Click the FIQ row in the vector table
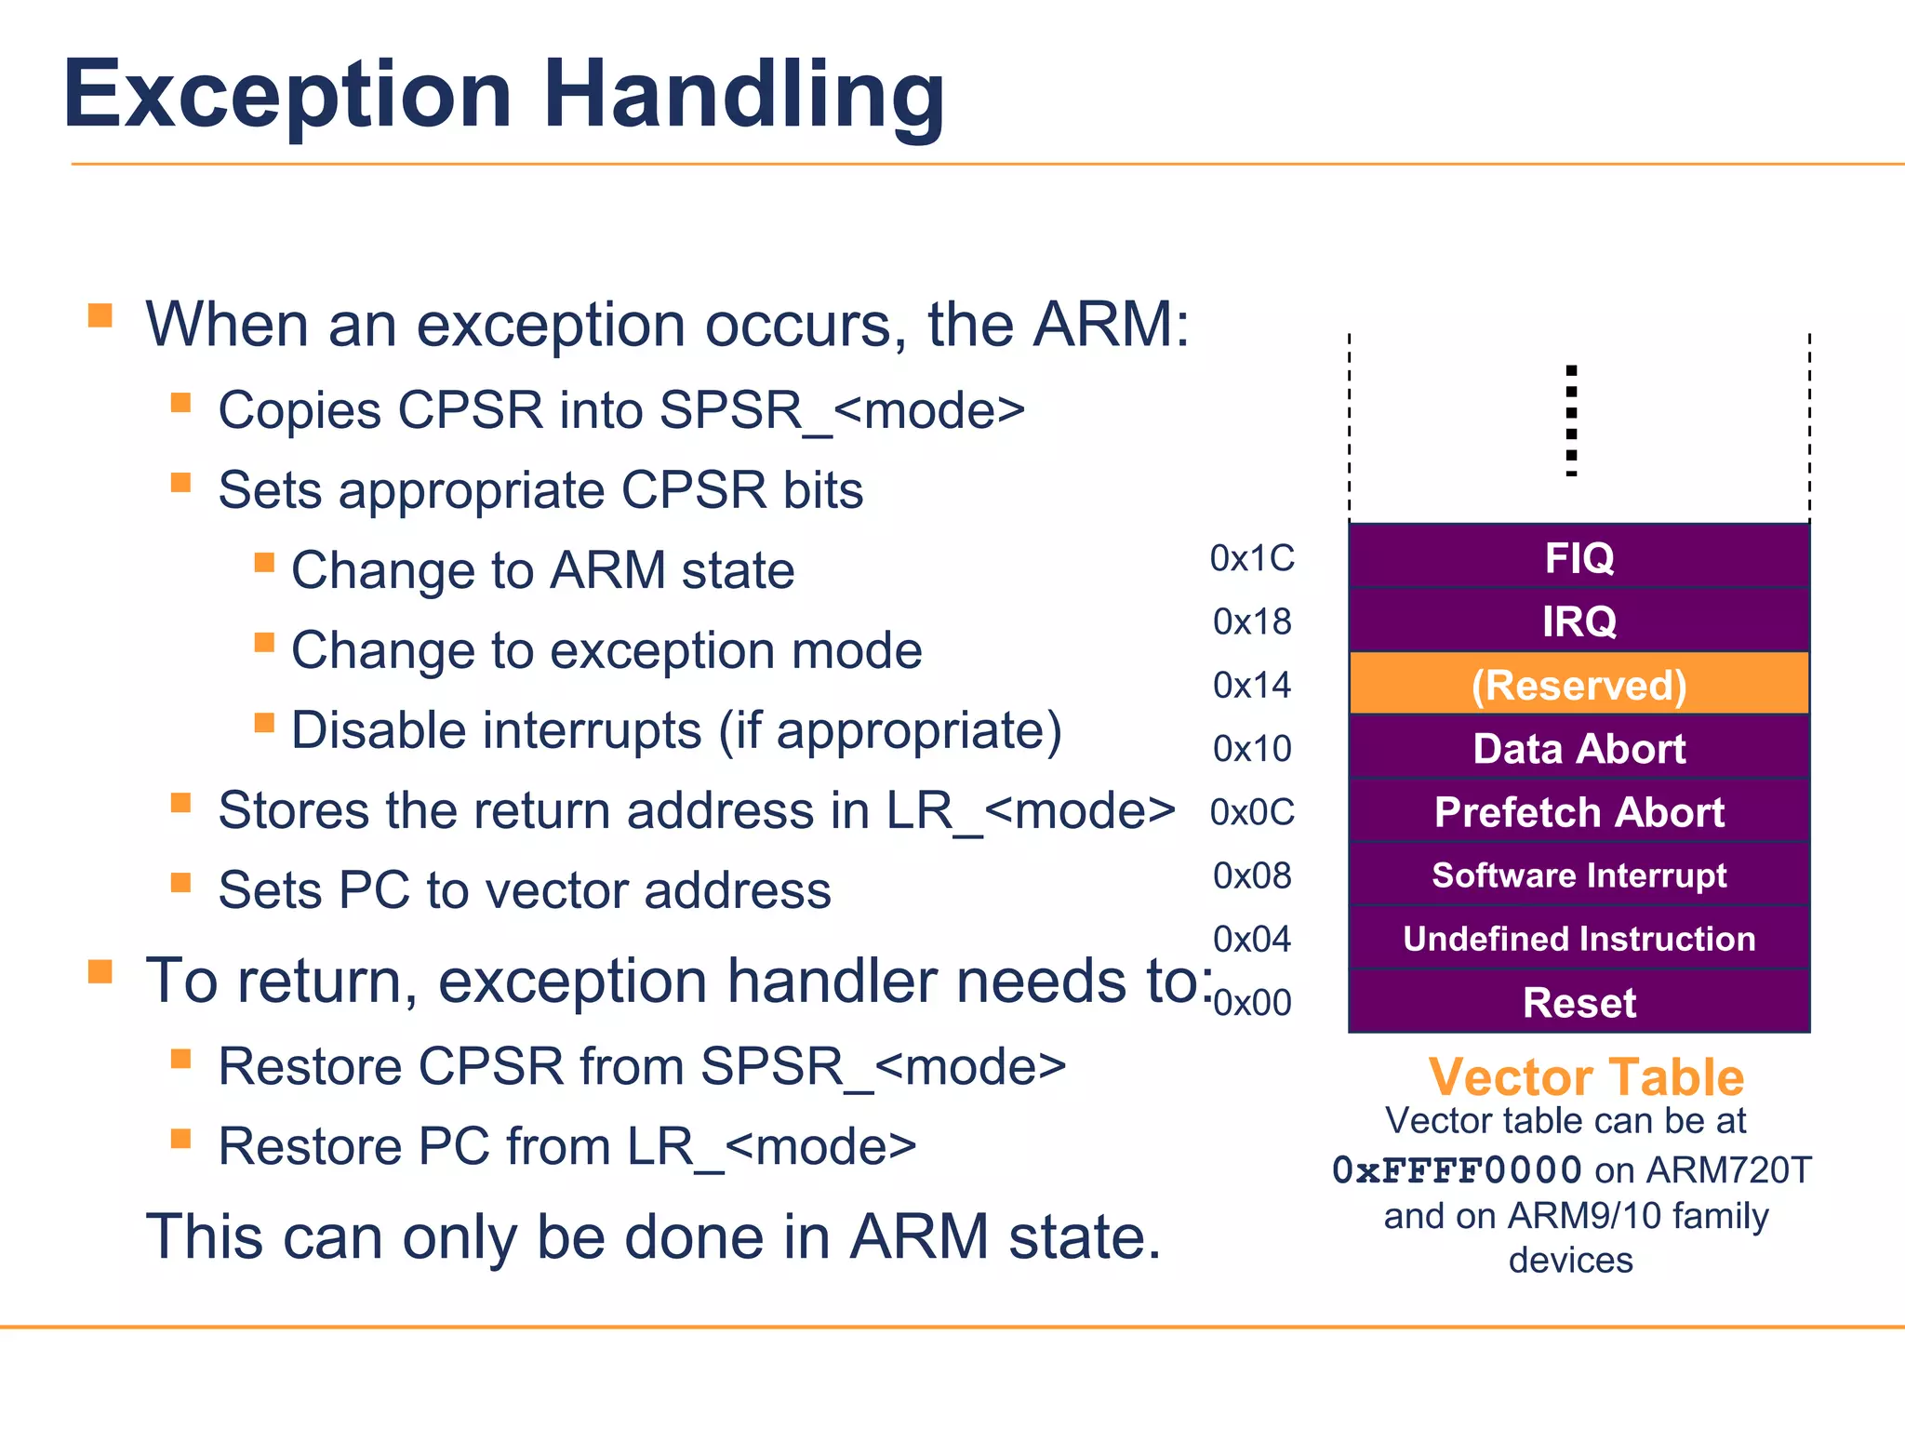tap(1579, 557)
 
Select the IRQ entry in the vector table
tap(1579, 621)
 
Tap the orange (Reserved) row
tap(1579, 685)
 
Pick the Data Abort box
tap(1579, 748)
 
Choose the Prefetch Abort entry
tap(1579, 811)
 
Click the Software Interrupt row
tap(1579, 875)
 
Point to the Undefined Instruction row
tap(1579, 939)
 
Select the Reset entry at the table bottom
tap(1579, 1002)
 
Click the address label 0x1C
tap(1252, 558)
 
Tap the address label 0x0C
tap(1252, 812)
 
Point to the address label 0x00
tap(1252, 1003)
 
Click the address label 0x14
tap(1252, 686)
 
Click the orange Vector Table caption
tap(1586, 1077)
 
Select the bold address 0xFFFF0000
tap(1457, 1170)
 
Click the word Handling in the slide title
tap(743, 96)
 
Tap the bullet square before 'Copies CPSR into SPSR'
tap(180, 403)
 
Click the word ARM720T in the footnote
tap(1729, 1170)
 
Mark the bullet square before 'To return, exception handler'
tap(100, 971)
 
